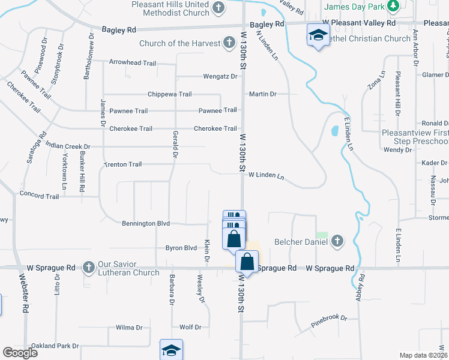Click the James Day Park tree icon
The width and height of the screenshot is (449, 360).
[393, 7]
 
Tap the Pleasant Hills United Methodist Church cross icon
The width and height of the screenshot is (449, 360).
[219, 7]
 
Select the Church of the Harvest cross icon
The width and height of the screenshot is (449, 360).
[229, 43]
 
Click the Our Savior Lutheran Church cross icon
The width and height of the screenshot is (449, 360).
[89, 266]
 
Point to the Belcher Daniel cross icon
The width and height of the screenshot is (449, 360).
[337, 241]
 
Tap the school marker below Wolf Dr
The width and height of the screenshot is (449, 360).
[171, 350]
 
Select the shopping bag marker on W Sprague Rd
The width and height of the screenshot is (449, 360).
[246, 262]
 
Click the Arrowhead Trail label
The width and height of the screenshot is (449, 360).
[132, 62]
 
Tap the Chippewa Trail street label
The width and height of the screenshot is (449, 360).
[170, 94]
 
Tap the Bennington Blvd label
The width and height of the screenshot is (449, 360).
[146, 223]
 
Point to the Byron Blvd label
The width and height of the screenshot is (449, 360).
[181, 248]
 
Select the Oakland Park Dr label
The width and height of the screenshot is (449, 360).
[55, 346]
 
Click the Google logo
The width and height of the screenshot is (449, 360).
[20, 353]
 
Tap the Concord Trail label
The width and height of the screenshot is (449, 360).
[40, 196]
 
